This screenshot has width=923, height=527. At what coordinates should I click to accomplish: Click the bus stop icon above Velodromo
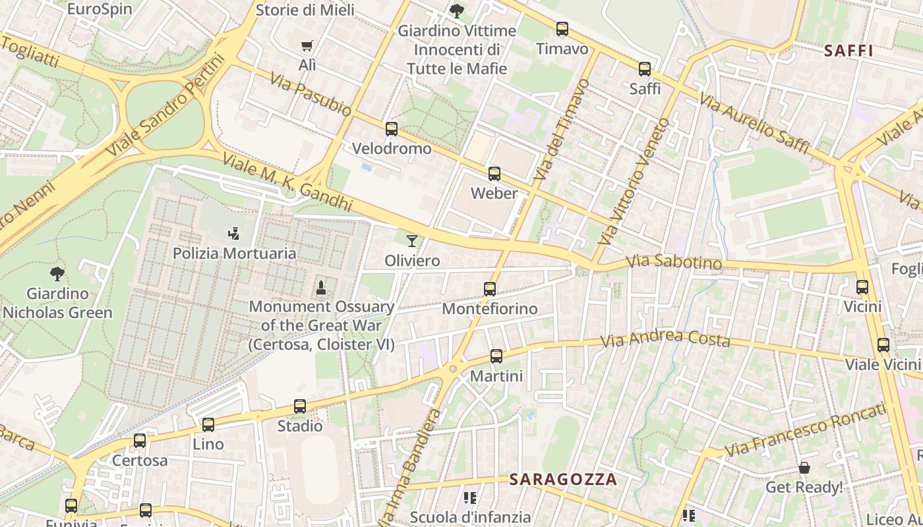click(x=392, y=129)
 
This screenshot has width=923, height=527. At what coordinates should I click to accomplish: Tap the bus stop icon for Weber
click(x=494, y=174)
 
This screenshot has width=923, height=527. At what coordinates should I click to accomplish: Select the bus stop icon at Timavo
click(x=562, y=29)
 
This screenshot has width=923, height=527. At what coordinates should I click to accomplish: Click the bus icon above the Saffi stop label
click(x=645, y=69)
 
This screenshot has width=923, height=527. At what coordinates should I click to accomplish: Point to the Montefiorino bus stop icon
click(x=489, y=289)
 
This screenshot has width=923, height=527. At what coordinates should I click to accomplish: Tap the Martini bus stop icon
click(x=496, y=356)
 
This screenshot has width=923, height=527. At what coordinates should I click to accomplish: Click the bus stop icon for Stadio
click(x=300, y=406)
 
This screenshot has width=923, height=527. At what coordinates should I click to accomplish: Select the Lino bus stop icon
click(x=208, y=425)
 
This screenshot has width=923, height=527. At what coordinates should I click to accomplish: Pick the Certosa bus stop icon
click(x=140, y=441)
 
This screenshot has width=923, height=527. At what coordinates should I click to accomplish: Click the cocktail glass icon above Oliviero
click(x=412, y=241)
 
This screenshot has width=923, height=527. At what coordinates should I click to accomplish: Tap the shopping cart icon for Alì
click(x=307, y=46)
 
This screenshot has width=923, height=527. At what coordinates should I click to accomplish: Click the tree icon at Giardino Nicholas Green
click(x=57, y=273)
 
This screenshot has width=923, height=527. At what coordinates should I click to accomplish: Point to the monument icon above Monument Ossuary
click(x=321, y=287)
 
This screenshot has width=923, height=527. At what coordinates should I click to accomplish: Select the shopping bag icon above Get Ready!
click(x=804, y=468)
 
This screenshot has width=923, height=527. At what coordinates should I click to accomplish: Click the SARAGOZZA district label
click(x=563, y=480)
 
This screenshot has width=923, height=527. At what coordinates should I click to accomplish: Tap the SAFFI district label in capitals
click(x=849, y=51)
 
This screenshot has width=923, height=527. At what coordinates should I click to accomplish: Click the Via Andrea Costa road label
click(x=666, y=339)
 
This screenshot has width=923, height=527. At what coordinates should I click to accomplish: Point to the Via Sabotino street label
click(x=674, y=262)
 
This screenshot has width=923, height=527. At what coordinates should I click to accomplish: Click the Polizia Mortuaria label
click(x=235, y=253)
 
